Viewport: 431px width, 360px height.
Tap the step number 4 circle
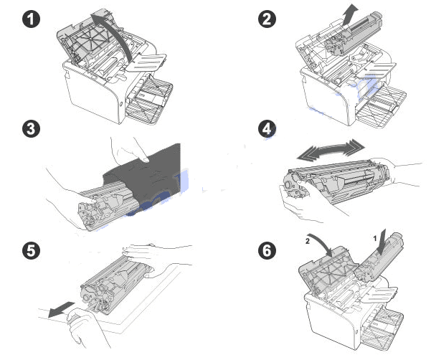click(267, 130)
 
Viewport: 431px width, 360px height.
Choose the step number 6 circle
click(267, 250)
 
